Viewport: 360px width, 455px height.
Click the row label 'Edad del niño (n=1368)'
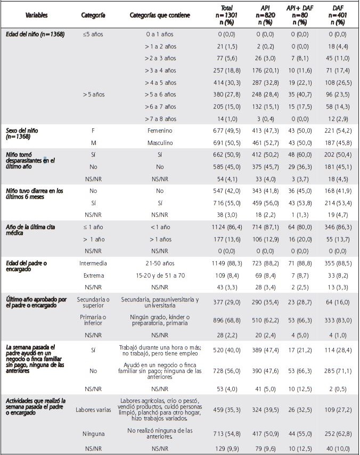coord(35,35)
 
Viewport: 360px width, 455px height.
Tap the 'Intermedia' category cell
coord(93,263)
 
